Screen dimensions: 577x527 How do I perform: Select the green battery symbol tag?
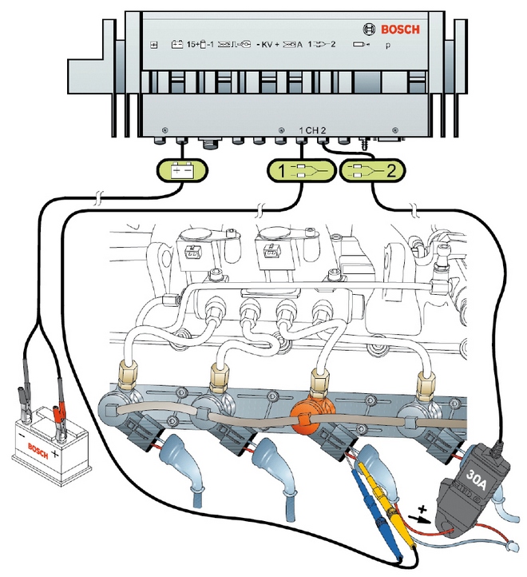tap(183, 169)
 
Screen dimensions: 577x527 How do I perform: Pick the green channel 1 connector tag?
tap(298, 169)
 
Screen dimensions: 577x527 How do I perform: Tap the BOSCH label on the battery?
tap(38, 447)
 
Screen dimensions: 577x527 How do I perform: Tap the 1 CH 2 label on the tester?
tap(312, 129)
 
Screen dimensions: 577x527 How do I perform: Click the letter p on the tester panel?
tap(388, 46)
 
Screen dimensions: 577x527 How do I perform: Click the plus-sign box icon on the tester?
tap(154, 46)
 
